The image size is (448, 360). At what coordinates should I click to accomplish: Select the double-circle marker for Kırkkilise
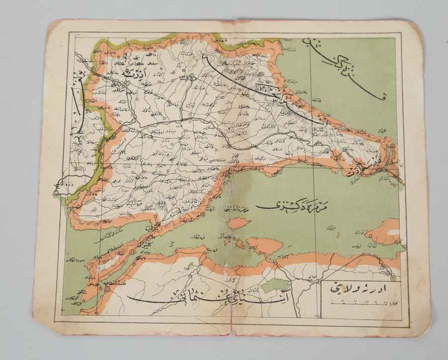point(191,77)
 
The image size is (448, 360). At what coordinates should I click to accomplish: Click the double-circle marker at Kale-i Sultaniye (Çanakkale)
point(107,288)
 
